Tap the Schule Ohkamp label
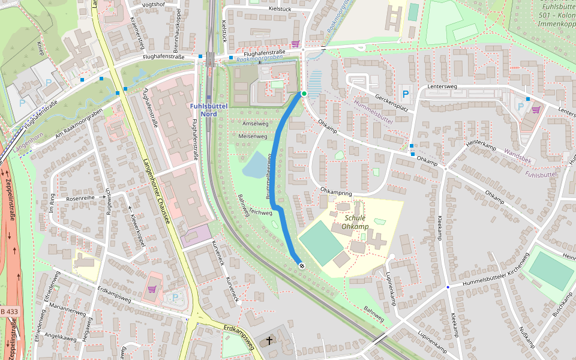click(x=355, y=222)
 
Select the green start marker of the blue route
click(x=304, y=94)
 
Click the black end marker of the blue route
click(x=302, y=265)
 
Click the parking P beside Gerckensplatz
click(x=406, y=94)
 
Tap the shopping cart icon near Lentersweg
click(x=535, y=110)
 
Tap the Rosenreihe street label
click(x=81, y=198)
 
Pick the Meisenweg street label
click(x=253, y=136)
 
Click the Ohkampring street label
click(x=336, y=192)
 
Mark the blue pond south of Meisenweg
click(x=254, y=165)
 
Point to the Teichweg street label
click(x=260, y=212)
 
